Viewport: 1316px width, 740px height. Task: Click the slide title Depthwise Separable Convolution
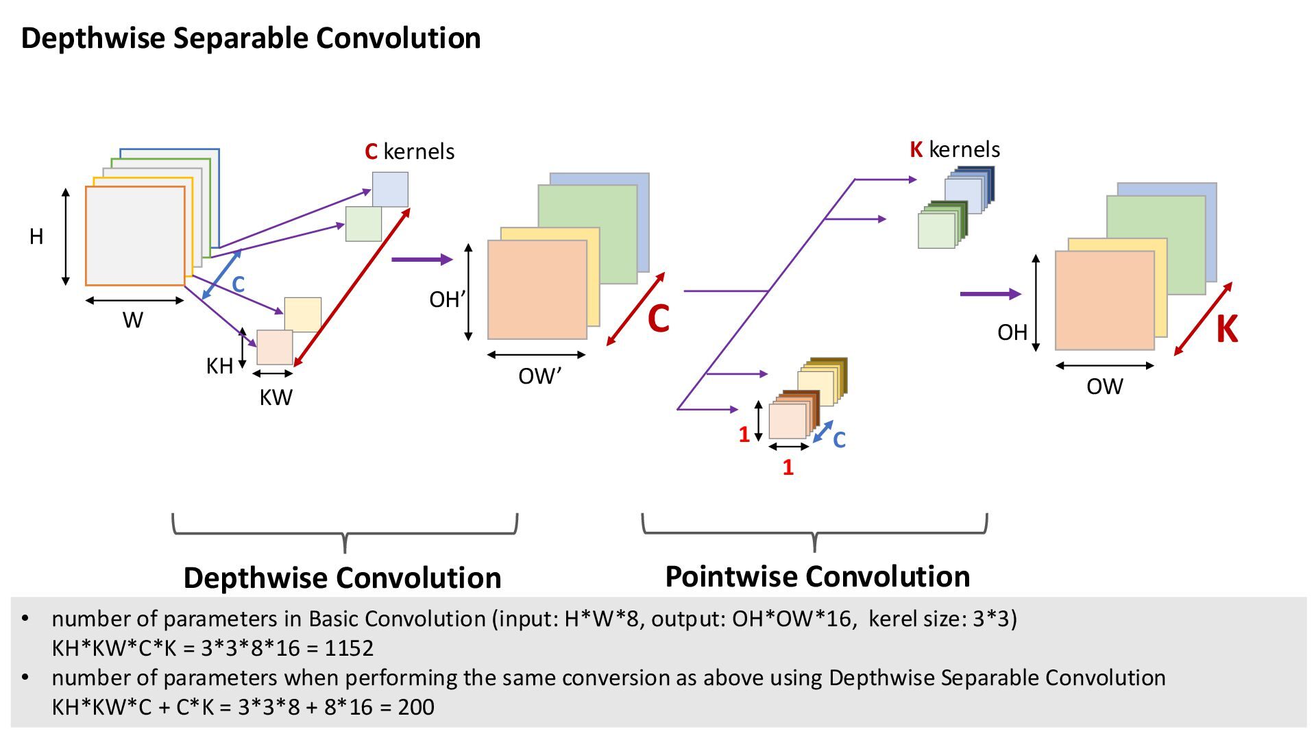(x=251, y=38)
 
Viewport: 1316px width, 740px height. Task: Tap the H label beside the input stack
(x=36, y=237)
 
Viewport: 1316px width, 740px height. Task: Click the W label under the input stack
(x=133, y=320)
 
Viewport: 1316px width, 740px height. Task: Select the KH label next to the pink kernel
(x=219, y=367)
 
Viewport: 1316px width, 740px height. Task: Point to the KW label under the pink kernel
(x=276, y=397)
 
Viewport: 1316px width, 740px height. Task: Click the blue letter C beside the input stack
(x=238, y=284)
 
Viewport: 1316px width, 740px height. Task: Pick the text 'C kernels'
(x=409, y=151)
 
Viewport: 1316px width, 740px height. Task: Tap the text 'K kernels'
(x=955, y=149)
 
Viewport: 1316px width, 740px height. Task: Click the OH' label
(x=447, y=299)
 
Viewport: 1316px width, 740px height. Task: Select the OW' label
(x=539, y=376)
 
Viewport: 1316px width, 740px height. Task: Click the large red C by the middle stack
(x=658, y=319)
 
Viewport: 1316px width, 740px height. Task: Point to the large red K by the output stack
(x=1227, y=330)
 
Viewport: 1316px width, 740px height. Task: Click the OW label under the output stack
(x=1104, y=386)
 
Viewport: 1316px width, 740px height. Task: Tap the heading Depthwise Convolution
(x=342, y=578)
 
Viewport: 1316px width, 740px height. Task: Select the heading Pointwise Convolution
(x=817, y=576)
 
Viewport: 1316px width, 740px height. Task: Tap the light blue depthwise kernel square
(x=390, y=189)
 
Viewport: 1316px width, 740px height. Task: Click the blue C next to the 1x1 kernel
(x=839, y=439)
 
